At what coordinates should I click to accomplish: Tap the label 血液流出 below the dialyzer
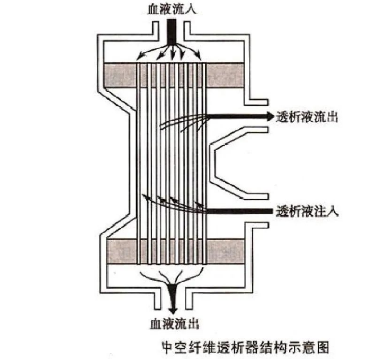pos(174,324)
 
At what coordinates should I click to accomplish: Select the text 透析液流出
pos(307,116)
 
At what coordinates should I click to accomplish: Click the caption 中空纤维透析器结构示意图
pos(246,348)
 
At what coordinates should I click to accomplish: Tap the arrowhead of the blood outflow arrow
pos(173,309)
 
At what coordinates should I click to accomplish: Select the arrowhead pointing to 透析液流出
pos(270,116)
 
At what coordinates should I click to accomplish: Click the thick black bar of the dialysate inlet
pos(240,211)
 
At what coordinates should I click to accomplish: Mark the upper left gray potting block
pos(120,75)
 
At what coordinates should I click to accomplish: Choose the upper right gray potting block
pos(225,75)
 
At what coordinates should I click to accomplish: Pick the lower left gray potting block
pos(122,251)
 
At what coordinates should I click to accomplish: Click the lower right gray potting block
pos(226,251)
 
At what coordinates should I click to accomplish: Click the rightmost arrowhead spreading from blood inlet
pos(199,56)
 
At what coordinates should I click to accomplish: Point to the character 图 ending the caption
pos(322,348)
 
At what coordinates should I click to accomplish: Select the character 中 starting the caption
pos(169,348)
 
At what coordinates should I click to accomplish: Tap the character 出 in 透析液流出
pos(331,116)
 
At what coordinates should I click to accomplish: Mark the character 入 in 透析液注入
pos(333,212)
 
